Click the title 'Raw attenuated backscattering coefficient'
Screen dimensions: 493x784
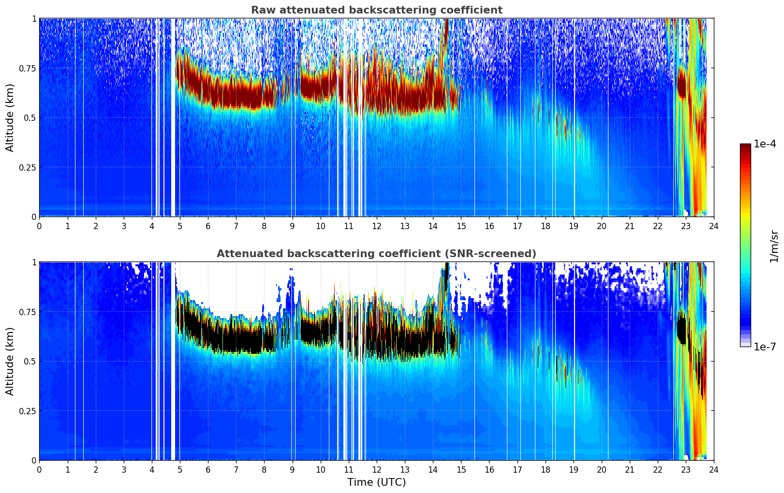point(376,10)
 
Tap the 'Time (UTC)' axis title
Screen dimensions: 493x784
point(376,482)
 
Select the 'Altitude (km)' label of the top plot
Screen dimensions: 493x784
point(10,117)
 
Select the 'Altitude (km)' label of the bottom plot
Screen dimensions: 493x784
point(10,361)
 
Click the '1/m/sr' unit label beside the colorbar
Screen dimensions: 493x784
point(773,246)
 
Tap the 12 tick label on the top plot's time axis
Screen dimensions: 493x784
point(377,226)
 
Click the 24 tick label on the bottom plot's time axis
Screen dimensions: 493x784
point(714,469)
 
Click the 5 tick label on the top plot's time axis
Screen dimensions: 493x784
point(180,226)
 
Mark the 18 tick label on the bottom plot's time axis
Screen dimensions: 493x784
point(545,469)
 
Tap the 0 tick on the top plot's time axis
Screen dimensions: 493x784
point(40,226)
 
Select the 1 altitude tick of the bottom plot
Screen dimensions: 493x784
point(34,262)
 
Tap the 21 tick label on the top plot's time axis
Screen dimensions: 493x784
point(630,226)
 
